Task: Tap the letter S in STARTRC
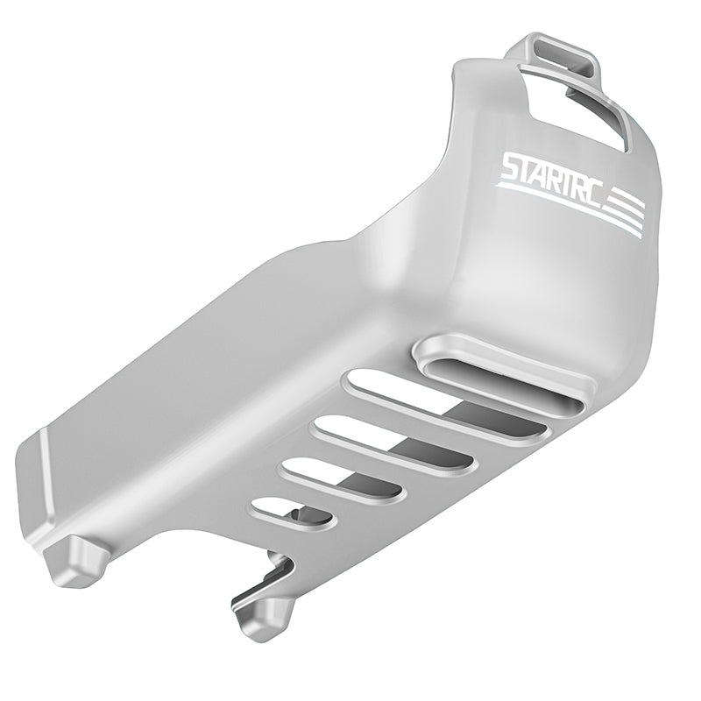pyautogui.click(x=511, y=172)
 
